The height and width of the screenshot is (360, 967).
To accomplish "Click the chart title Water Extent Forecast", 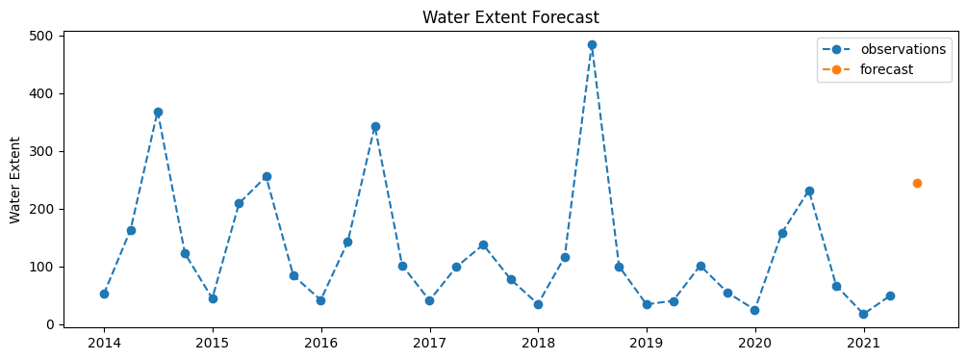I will click(x=510, y=17).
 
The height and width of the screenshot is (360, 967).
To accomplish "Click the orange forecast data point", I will click(x=917, y=183).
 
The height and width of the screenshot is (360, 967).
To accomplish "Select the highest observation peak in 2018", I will click(x=592, y=44).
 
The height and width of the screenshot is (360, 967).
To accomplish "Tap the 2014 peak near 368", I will click(x=158, y=112).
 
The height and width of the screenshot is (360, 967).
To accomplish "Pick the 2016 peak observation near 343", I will click(x=375, y=126).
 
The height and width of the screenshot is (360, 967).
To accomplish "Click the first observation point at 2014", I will click(x=104, y=294).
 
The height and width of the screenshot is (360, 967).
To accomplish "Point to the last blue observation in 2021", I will click(x=890, y=296).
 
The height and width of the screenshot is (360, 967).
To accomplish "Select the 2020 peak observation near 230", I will click(x=809, y=191).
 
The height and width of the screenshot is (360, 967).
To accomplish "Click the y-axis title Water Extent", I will click(x=16, y=180).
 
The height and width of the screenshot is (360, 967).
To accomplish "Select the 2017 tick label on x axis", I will click(x=429, y=343).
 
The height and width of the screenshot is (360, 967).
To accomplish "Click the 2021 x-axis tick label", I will click(x=863, y=343).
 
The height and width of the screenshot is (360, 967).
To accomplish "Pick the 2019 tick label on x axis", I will click(x=647, y=343).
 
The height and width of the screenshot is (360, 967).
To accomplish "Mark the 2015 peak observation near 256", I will click(x=267, y=176).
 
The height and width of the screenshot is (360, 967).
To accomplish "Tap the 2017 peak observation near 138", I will click(x=483, y=244).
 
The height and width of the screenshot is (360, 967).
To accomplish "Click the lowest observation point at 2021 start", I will click(x=863, y=314).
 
